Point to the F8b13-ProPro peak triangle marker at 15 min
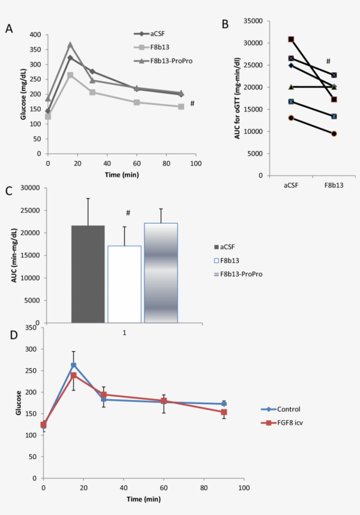point(70,45)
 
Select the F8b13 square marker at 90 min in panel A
point(181,107)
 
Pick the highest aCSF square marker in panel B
point(291,39)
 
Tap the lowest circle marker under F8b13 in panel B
point(334,134)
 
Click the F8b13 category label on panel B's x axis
point(334,185)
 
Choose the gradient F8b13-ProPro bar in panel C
point(161,273)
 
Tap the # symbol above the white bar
point(128,213)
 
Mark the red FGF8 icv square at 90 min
point(224,412)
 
